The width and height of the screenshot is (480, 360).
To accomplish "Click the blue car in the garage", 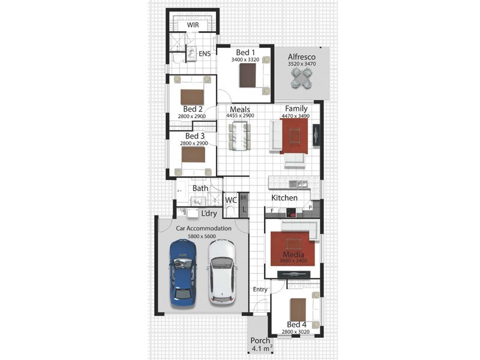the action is (x=183, y=273).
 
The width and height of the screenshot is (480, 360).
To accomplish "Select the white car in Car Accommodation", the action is (x=222, y=272).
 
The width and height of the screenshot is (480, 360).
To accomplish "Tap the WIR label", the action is (x=193, y=25).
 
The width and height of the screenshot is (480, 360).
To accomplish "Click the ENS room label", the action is (x=205, y=54).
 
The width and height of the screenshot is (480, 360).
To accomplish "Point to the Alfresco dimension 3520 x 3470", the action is (x=302, y=64).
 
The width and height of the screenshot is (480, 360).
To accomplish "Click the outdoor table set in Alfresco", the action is (x=302, y=78).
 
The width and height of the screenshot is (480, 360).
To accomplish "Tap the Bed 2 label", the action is (x=193, y=109).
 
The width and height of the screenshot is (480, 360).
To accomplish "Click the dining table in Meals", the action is (x=239, y=136).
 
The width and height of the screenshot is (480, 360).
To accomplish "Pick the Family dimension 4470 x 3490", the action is (x=295, y=116).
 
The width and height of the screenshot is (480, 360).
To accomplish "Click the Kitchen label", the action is (x=284, y=198).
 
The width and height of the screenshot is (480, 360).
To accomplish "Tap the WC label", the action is (x=231, y=200).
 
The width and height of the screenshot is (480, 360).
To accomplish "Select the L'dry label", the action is (x=209, y=214).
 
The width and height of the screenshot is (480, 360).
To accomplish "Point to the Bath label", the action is (x=200, y=188).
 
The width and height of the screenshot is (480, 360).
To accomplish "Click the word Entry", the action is (x=260, y=290).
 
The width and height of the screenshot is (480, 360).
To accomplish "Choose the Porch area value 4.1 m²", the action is (x=262, y=349).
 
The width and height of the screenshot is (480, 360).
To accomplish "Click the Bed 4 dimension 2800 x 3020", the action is (x=295, y=332).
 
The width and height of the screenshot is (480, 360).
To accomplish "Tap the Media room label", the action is (x=293, y=254).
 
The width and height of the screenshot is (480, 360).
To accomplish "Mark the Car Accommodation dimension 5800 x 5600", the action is (x=202, y=236).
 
